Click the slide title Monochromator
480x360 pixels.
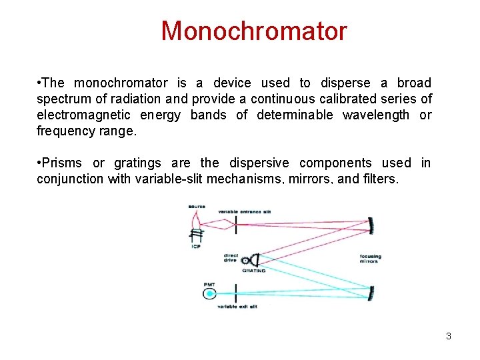pyautogui.click(x=254, y=31)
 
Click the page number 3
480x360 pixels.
pyautogui.click(x=449, y=336)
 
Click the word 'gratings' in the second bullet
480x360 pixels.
pyautogui.click(x=137, y=163)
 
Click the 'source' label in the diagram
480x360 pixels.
pyautogui.click(x=197, y=206)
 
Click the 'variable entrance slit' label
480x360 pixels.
pyautogui.click(x=245, y=211)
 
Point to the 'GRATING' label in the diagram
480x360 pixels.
pyautogui.click(x=253, y=271)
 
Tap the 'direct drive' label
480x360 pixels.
pyautogui.click(x=231, y=257)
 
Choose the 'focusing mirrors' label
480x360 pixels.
pyautogui.click(x=370, y=258)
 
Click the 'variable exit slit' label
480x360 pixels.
pyautogui.click(x=237, y=306)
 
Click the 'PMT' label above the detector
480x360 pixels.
pyautogui.click(x=209, y=285)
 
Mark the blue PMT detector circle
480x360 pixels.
pyautogui.click(x=210, y=293)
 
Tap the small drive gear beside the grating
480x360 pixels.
pyautogui.click(x=247, y=260)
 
